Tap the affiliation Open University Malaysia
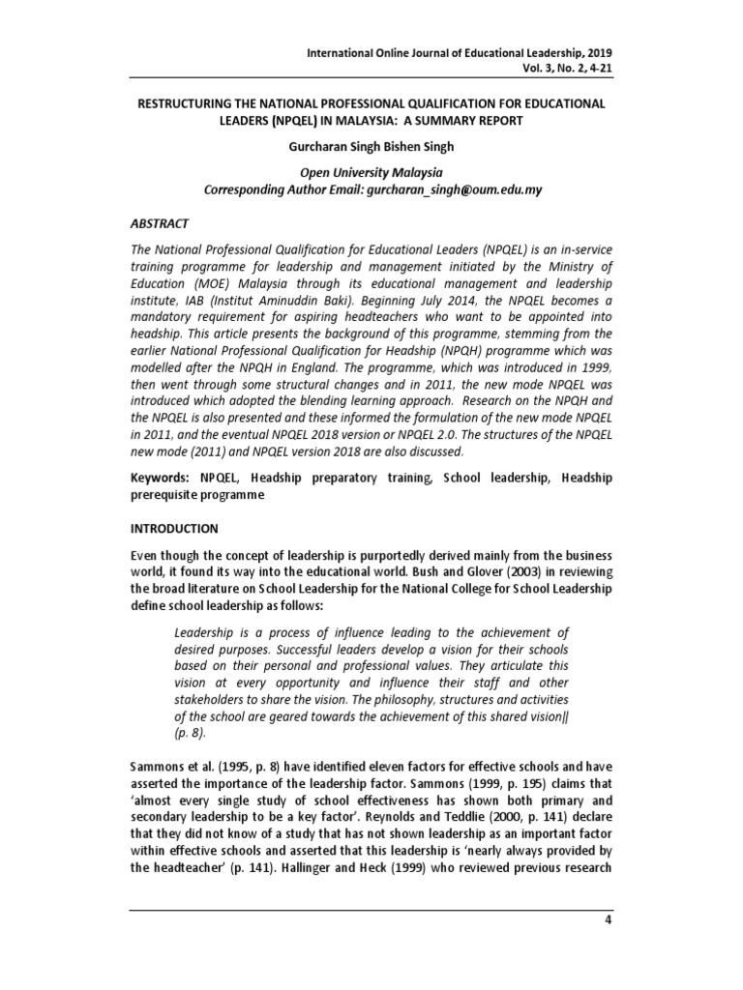371,173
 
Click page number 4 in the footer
609,919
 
